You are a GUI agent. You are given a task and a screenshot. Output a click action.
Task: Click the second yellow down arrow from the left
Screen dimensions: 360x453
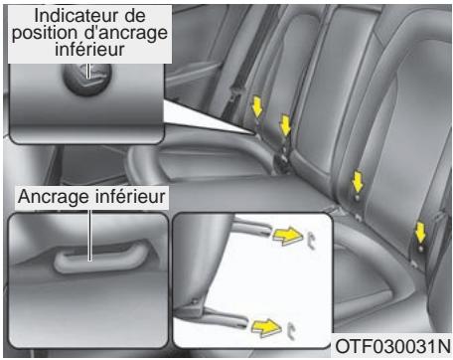[x=285, y=125]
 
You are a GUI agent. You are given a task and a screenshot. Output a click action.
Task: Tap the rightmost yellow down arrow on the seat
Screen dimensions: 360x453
[x=420, y=233]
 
